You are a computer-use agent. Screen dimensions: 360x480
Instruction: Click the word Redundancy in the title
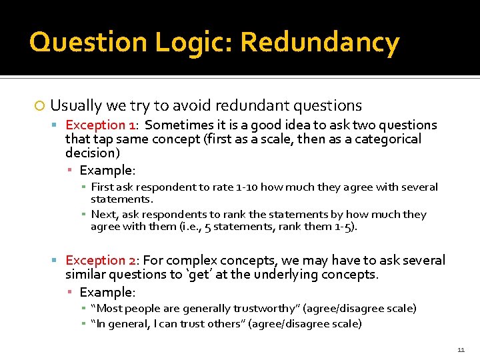point(319,43)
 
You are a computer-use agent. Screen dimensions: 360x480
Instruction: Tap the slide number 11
point(461,349)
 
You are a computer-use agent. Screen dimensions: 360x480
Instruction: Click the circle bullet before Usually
point(40,106)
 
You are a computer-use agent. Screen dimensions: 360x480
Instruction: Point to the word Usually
point(75,105)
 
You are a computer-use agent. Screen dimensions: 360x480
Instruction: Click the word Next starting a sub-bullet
point(104,215)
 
